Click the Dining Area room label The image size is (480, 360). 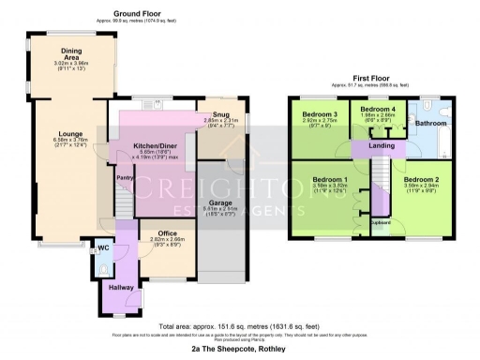click(69, 52)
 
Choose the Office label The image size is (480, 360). click(168, 232)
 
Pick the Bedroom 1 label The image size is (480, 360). click(330, 178)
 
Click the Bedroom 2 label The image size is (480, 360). click(422, 178)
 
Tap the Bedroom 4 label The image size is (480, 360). click(379, 110)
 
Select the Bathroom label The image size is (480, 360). click(431, 123)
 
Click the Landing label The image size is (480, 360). click(381, 145)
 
